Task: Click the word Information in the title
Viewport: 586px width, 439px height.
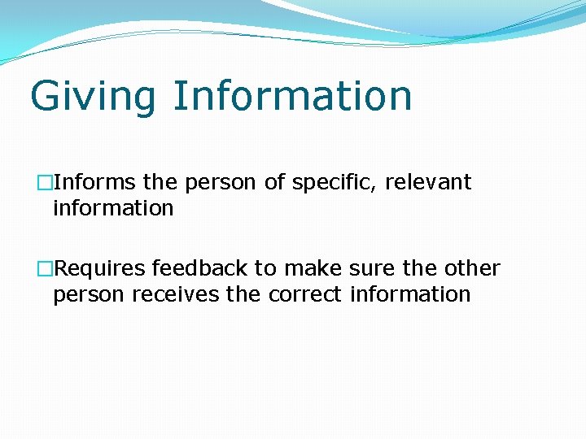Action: pyautogui.click(x=292, y=95)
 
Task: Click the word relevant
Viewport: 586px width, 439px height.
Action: pyautogui.click(x=428, y=182)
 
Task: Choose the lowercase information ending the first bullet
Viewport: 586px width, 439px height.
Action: pyautogui.click(x=113, y=208)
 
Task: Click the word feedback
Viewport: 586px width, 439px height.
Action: pyautogui.click(x=199, y=268)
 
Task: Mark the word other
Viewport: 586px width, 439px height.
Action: pyautogui.click(x=471, y=268)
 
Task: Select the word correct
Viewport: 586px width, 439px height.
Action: pyautogui.click(x=304, y=294)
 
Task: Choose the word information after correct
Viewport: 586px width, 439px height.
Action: pyautogui.click(x=410, y=294)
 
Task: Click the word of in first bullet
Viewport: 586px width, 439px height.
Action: pyautogui.click(x=273, y=182)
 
